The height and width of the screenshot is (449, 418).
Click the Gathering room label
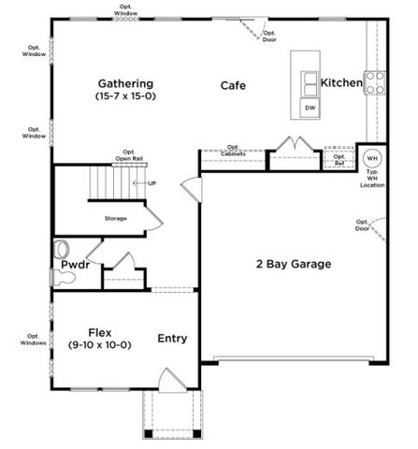(x=124, y=83)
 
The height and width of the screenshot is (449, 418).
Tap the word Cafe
(x=233, y=86)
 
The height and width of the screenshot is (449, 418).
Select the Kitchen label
(x=341, y=83)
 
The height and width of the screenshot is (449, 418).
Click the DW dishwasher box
(x=310, y=108)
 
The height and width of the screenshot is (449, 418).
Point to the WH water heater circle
(x=372, y=157)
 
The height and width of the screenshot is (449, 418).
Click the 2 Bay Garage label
(x=294, y=265)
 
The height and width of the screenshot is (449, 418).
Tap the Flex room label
(x=100, y=332)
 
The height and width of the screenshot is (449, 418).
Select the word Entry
(x=172, y=339)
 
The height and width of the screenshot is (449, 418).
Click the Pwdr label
(x=75, y=266)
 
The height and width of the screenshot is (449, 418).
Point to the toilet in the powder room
(x=63, y=250)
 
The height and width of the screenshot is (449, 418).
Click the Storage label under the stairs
(x=115, y=218)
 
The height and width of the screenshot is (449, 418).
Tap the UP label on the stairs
(x=151, y=182)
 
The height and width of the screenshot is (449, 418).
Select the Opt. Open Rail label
(x=129, y=156)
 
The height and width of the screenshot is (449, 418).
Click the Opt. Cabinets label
(x=233, y=150)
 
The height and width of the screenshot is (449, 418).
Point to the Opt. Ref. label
(x=339, y=159)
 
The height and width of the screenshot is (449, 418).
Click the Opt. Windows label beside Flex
(x=33, y=340)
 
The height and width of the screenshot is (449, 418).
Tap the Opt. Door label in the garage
(x=363, y=224)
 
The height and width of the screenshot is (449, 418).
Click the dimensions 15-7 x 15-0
(x=124, y=96)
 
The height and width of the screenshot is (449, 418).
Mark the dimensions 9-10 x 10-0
(x=100, y=345)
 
